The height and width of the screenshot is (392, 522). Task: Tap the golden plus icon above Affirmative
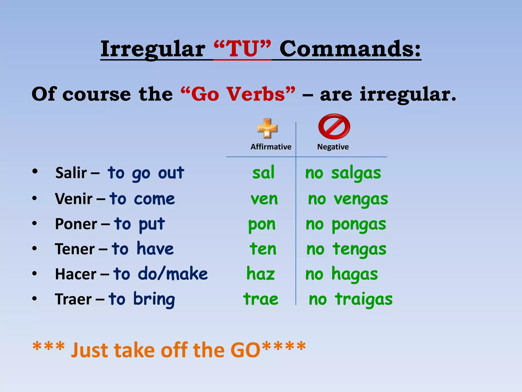click(267, 128)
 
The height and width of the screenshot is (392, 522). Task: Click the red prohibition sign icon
click(334, 127)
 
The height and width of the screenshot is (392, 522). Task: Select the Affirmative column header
click(271, 147)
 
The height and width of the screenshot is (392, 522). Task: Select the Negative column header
click(333, 147)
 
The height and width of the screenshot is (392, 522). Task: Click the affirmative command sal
click(263, 173)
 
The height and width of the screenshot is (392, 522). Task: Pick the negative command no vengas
click(348, 199)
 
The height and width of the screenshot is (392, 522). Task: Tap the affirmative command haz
click(260, 274)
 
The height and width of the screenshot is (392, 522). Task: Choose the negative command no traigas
click(350, 299)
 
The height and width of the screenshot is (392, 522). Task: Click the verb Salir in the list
click(71, 173)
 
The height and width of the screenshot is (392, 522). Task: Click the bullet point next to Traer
click(35, 298)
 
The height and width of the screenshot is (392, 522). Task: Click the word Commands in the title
click(350, 49)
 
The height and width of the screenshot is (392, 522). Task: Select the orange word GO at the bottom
click(245, 350)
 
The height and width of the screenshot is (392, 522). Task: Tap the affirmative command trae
click(260, 299)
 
